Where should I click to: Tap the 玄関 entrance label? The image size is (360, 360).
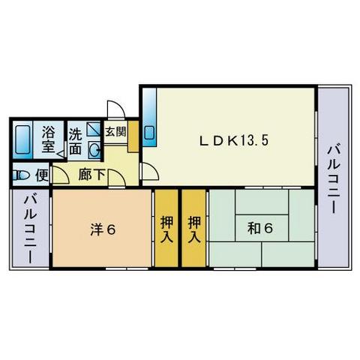pos(115,133)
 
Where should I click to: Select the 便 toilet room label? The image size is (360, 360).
pos(42,176)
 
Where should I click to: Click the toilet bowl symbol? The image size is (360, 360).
pos(22,176)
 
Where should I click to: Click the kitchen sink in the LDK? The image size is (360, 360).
pos(148,134)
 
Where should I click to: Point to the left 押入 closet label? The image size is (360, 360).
pos(166,229)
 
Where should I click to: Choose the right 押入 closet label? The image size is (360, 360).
pos(193,229)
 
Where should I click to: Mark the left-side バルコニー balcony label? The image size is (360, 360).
pos(31,229)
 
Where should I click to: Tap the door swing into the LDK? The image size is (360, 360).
pos(149,172)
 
